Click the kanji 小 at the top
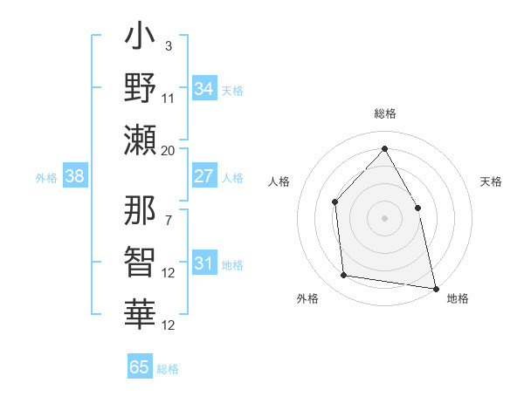point(141,40)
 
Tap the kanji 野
point(141,88)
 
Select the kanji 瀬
point(141,140)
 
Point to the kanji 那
point(141,213)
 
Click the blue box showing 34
point(203,89)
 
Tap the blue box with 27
point(203,176)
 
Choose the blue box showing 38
point(74,176)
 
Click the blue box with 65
point(140,367)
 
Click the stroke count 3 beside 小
point(168,45)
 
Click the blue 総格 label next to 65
point(168,368)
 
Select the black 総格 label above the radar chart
point(384,114)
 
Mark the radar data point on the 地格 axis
point(435,288)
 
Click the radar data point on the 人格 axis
point(335,202)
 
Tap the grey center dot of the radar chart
point(384,218)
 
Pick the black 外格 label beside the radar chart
point(307,298)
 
